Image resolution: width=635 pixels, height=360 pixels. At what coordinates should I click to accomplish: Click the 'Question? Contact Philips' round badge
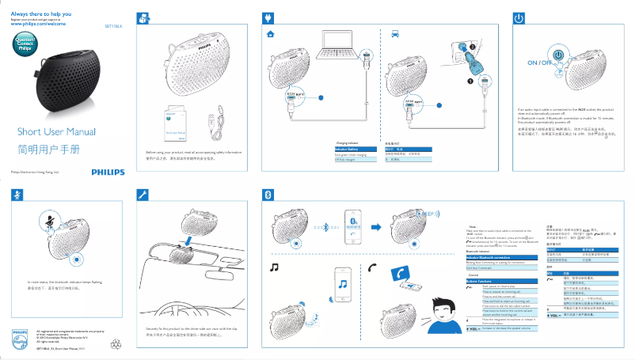pyautogui.click(x=25, y=44)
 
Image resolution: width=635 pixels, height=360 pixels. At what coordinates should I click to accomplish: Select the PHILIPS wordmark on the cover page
pyautogui.click(x=108, y=172)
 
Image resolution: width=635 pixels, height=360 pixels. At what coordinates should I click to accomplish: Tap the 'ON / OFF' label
pyautogui.click(x=538, y=62)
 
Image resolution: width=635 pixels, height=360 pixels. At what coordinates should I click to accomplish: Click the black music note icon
pyautogui.click(x=275, y=267)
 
